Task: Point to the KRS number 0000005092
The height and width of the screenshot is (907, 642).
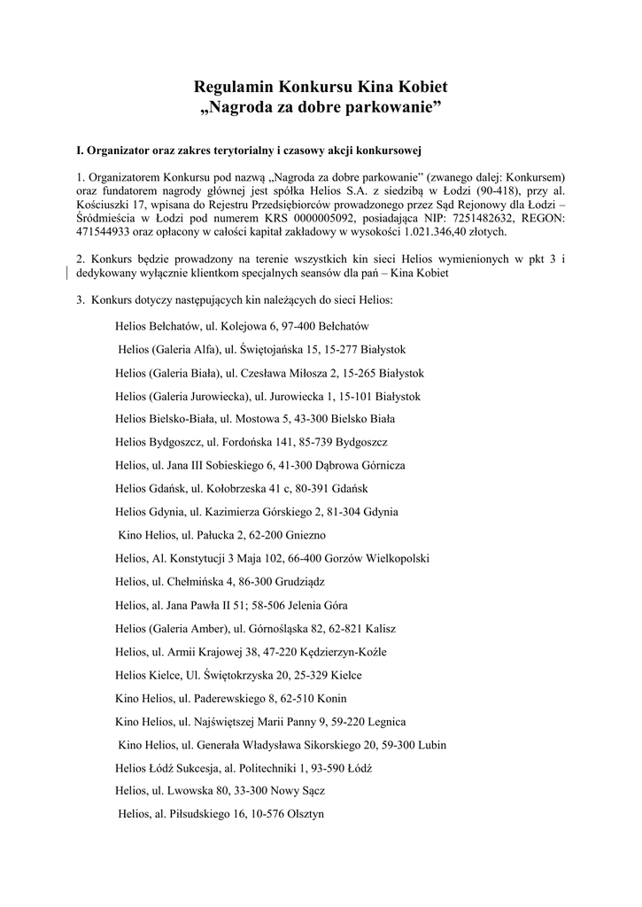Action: click(298, 218)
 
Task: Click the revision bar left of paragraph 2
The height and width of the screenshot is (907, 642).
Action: click(69, 273)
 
